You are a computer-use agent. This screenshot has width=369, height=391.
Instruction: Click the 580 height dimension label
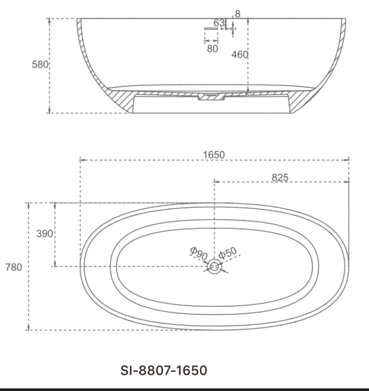click(x=40, y=65)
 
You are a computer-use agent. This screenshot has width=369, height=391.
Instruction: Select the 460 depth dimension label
click(x=240, y=54)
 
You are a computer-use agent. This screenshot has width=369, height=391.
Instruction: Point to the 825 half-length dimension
click(x=280, y=177)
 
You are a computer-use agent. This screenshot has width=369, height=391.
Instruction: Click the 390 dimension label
click(x=44, y=233)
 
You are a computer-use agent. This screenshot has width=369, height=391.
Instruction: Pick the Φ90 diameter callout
click(x=199, y=253)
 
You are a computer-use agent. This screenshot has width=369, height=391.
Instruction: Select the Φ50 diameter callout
click(x=227, y=253)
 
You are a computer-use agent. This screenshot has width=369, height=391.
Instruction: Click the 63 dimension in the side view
click(x=219, y=23)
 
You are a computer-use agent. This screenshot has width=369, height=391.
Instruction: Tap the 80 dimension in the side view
click(x=212, y=49)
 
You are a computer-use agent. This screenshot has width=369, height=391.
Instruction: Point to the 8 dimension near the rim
click(x=237, y=14)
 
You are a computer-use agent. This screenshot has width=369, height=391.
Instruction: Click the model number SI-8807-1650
click(x=164, y=370)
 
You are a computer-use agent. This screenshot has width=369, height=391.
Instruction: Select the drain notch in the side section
click(x=212, y=97)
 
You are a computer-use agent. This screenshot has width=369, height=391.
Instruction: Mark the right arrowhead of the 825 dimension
click(x=347, y=182)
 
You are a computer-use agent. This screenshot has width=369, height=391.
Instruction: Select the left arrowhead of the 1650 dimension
click(x=82, y=160)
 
